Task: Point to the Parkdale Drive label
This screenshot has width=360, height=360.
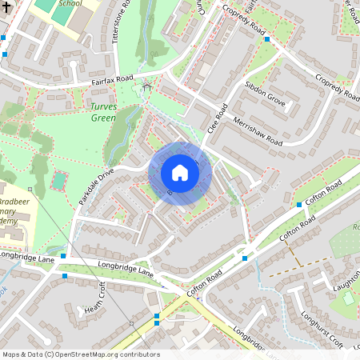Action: (97, 186)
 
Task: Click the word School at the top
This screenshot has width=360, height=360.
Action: (70, 3)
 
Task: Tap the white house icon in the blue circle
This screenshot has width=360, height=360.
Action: (179, 173)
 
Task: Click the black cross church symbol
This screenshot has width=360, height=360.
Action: (6, 5)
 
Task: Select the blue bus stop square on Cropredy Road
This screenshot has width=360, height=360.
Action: (267, 38)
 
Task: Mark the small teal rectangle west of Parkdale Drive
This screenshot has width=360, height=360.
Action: (58, 181)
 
